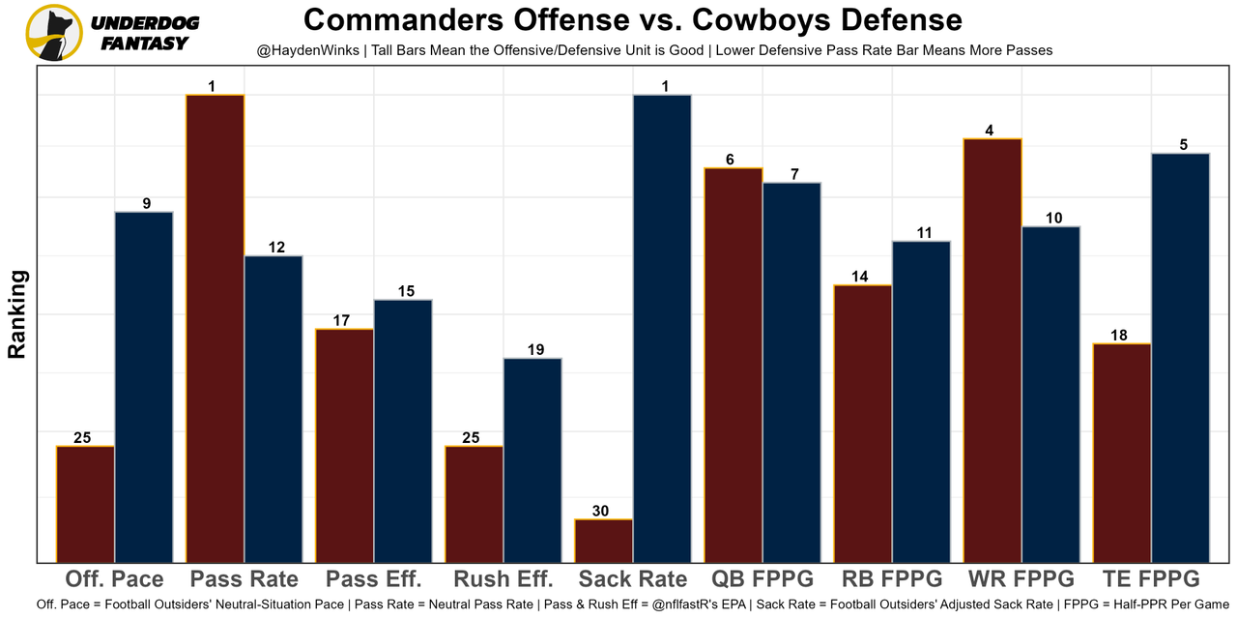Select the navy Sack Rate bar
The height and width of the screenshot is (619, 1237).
pyautogui.click(x=662, y=328)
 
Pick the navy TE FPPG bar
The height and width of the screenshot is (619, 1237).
pyautogui.click(x=1180, y=357)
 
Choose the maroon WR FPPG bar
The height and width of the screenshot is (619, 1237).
pyautogui.click(x=992, y=350)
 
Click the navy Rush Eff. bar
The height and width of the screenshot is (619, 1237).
pyautogui.click(x=532, y=459)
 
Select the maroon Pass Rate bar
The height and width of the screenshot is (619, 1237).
pyautogui.click(x=215, y=328)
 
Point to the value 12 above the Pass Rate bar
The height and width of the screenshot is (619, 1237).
pyautogui.click(x=276, y=248)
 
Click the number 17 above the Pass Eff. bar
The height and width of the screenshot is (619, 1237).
pyautogui.click(x=341, y=320)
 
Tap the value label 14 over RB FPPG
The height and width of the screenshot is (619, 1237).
pyautogui.click(x=859, y=277)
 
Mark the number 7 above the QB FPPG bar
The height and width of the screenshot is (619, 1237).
pyautogui.click(x=794, y=174)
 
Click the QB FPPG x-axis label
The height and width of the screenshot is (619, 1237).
pyautogui.click(x=762, y=579)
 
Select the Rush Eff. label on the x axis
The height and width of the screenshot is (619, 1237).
pyautogui.click(x=503, y=579)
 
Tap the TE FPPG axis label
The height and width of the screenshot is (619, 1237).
pyautogui.click(x=1151, y=579)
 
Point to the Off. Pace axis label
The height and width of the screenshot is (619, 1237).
pyautogui.click(x=114, y=579)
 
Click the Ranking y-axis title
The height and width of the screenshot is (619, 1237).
pyautogui.click(x=17, y=314)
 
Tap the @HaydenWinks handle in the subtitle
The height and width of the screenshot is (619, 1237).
pyautogui.click(x=308, y=49)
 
